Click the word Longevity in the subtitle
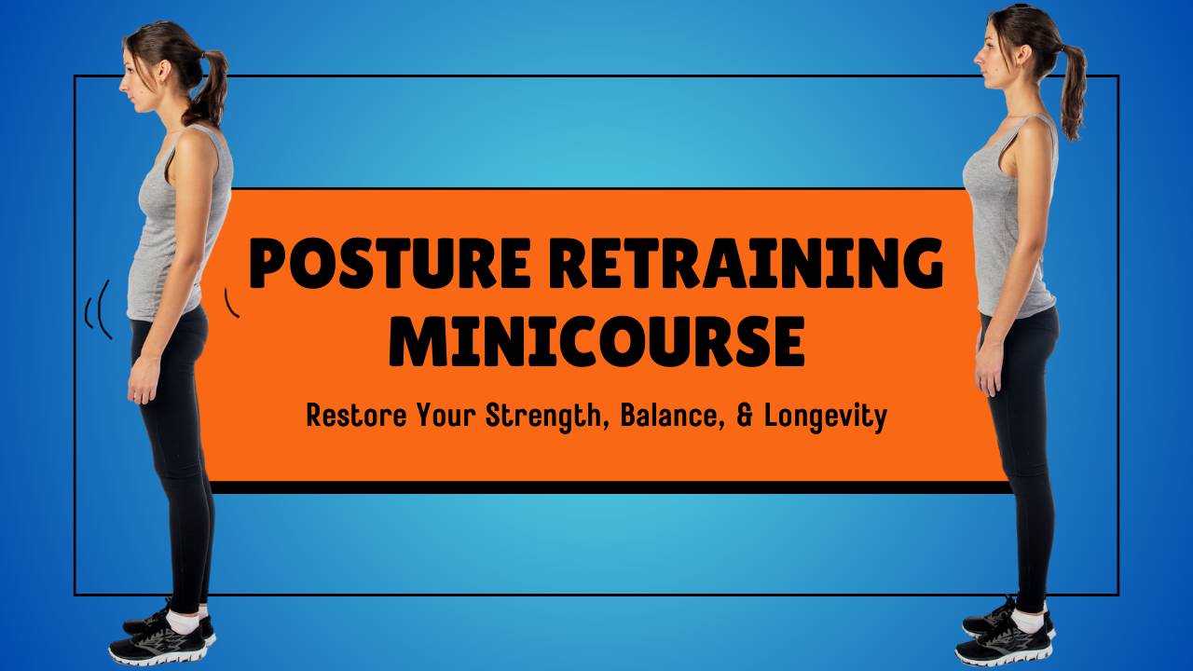[x=825, y=417]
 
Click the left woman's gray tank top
[x=177, y=233]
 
